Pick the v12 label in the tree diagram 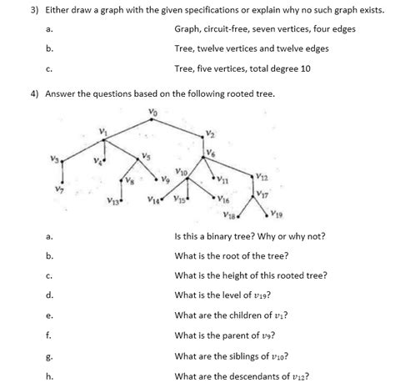(x=263, y=176)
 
